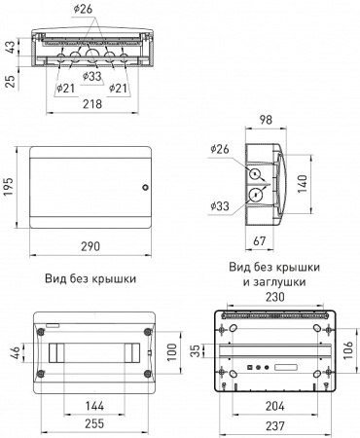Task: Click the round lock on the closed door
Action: [146, 188]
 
